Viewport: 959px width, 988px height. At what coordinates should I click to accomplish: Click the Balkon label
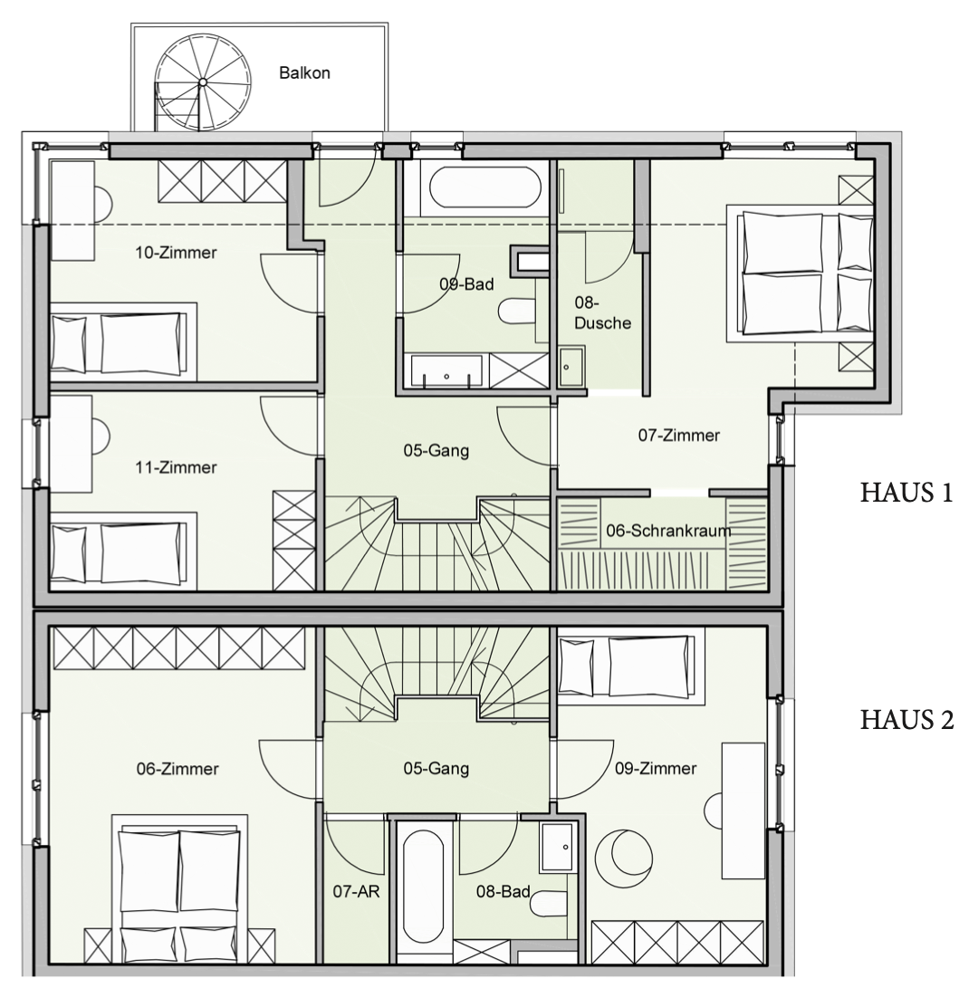click(x=304, y=73)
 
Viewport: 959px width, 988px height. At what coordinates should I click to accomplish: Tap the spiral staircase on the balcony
click(x=202, y=82)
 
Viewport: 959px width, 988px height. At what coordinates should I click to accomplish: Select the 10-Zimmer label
click(x=176, y=253)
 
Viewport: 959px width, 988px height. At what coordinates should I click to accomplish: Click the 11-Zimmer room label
click(x=176, y=467)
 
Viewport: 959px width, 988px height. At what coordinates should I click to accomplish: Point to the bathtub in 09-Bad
click(x=484, y=183)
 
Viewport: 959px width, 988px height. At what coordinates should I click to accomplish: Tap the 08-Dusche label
click(x=602, y=313)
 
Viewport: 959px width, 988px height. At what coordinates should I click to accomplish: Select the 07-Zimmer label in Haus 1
click(x=678, y=436)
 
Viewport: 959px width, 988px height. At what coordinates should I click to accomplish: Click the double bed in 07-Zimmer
click(x=801, y=273)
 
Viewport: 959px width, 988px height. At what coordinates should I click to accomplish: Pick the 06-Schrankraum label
click(x=668, y=531)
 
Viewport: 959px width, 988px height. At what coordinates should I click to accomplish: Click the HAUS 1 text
click(x=906, y=493)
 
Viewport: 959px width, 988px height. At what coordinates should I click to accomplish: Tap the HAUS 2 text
click(x=906, y=720)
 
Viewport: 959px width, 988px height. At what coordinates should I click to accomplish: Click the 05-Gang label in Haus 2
click(x=436, y=769)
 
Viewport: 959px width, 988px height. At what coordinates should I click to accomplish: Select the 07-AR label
click(x=356, y=892)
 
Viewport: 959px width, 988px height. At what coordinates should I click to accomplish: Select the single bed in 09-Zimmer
click(x=627, y=666)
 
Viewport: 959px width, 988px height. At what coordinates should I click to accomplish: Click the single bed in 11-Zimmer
click(x=123, y=552)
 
